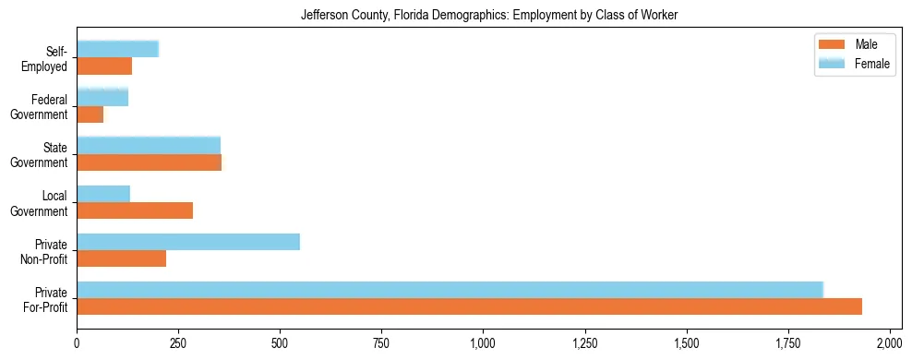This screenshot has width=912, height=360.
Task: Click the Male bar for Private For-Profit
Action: [x=469, y=306]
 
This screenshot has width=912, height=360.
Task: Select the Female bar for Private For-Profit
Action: [x=450, y=289]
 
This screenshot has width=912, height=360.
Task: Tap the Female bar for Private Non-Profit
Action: [x=188, y=242]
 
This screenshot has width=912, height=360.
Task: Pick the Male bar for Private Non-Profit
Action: [x=121, y=258]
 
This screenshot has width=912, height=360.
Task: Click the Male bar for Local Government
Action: [x=135, y=210]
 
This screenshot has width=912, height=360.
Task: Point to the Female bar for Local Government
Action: [x=103, y=194]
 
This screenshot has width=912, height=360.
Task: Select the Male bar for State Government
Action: [x=149, y=162]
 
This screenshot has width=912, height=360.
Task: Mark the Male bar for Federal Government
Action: [x=90, y=114]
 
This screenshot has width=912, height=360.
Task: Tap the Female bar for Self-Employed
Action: [x=117, y=49]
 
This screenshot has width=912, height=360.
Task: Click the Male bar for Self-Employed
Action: [x=104, y=66]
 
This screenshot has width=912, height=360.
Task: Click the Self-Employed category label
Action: [x=45, y=58]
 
